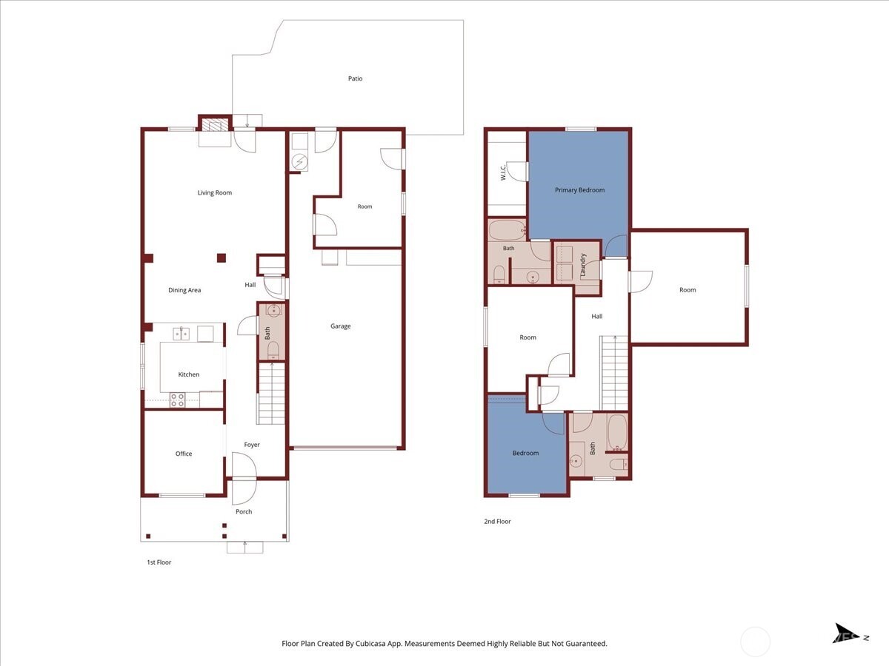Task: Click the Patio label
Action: pyautogui.click(x=355, y=78)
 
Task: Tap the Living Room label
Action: pyautogui.click(x=215, y=192)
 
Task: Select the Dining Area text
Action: pyautogui.click(x=184, y=290)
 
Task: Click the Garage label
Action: pyautogui.click(x=340, y=326)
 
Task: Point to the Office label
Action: pyautogui.click(x=184, y=454)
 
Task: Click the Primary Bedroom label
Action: pyautogui.click(x=579, y=190)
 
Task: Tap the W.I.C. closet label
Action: pyautogui.click(x=503, y=172)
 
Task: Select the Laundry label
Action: pyautogui.click(x=583, y=265)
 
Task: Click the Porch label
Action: pyautogui.click(x=244, y=511)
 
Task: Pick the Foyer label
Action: pyautogui.click(x=251, y=445)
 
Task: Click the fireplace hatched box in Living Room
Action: pyautogui.click(x=215, y=125)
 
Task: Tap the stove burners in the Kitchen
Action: pyautogui.click(x=177, y=400)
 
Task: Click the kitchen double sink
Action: pyautogui.click(x=181, y=334)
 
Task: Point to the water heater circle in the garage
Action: pyautogui.click(x=300, y=162)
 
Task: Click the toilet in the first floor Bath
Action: pyautogui.click(x=273, y=350)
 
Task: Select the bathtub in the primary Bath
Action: pyautogui.click(x=507, y=230)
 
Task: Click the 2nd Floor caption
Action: pyautogui.click(x=497, y=522)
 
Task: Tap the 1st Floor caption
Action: pyautogui.click(x=159, y=562)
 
